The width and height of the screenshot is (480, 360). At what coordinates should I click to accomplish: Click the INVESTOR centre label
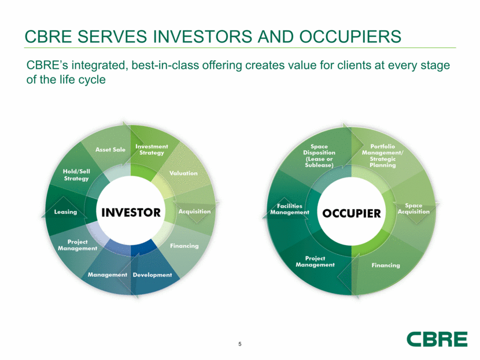click(131, 212)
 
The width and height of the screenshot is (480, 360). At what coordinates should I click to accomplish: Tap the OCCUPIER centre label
click(352, 213)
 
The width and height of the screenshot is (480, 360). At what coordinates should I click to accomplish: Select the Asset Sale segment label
click(110, 150)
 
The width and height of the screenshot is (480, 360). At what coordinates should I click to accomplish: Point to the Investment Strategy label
click(152, 150)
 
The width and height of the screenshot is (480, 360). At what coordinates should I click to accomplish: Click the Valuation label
click(183, 173)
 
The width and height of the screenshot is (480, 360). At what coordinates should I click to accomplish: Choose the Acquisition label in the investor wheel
click(194, 211)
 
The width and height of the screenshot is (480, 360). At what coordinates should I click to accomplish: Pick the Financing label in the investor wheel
click(184, 246)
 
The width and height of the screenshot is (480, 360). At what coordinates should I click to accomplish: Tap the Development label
click(152, 274)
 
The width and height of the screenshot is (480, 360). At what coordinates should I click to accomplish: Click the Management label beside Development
click(107, 274)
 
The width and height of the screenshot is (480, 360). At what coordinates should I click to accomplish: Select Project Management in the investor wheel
click(77, 245)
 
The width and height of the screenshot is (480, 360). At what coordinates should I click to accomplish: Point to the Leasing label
click(65, 212)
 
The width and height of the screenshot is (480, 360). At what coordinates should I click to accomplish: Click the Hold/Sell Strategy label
click(76, 175)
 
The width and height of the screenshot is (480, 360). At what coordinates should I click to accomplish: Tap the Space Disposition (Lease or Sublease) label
click(319, 155)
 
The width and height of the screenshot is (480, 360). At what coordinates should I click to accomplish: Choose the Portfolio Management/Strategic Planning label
click(382, 155)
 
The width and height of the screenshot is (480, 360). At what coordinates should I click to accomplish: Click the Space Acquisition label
click(413, 209)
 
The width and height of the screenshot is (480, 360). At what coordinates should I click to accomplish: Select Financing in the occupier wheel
click(386, 265)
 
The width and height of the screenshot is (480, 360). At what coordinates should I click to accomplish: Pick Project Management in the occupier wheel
click(315, 262)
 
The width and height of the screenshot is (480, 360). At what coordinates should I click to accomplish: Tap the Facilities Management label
click(290, 209)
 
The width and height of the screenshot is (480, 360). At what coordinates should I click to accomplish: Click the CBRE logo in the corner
click(437, 339)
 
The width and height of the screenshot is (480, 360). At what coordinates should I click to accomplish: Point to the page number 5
click(239, 344)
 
